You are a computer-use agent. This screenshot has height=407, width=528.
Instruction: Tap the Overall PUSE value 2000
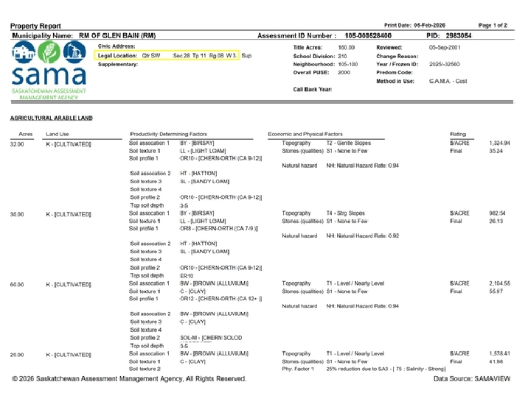344,73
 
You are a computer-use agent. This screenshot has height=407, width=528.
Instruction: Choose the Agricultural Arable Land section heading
52,118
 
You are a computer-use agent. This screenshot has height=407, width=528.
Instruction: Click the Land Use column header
57,134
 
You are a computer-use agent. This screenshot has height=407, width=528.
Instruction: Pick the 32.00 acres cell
16,144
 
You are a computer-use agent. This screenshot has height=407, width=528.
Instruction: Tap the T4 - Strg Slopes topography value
345,213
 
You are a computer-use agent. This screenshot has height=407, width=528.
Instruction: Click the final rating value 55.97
496,291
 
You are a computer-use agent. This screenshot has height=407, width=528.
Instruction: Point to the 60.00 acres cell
16,283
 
